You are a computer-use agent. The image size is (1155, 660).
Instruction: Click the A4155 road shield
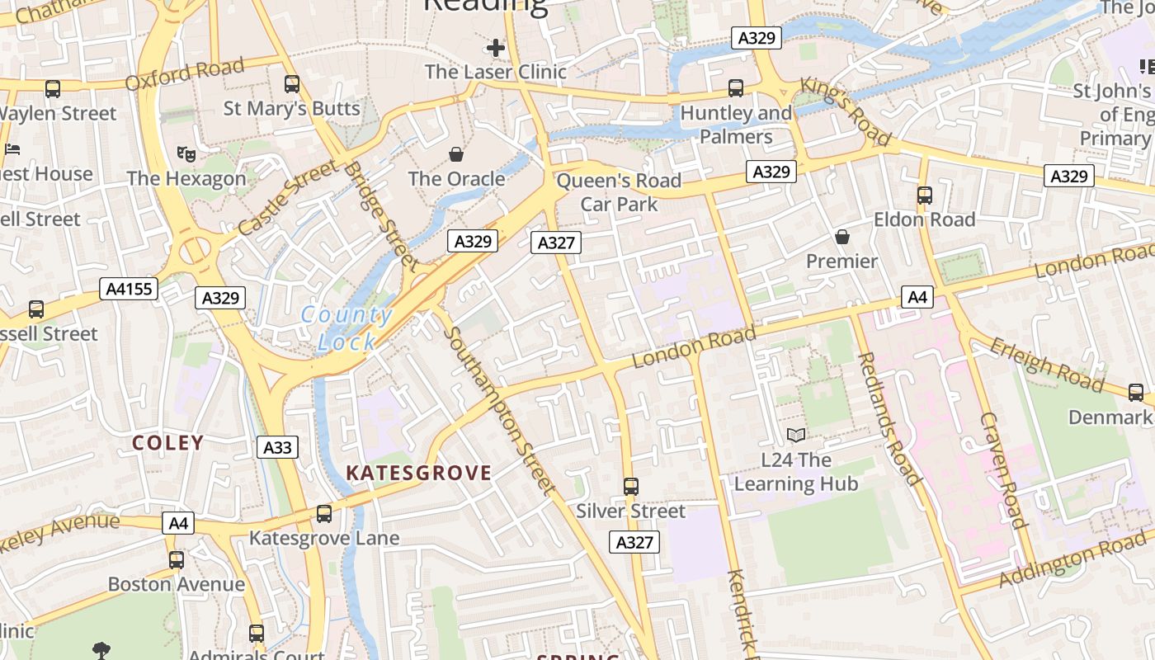pyautogui.click(x=129, y=289)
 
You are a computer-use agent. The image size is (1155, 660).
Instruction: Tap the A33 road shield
pyautogui.click(x=277, y=447)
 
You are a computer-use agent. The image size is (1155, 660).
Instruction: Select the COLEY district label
pyautogui.click(x=168, y=443)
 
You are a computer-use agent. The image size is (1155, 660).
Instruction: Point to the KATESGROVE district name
pyautogui.click(x=418, y=473)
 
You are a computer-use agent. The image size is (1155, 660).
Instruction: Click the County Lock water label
pyautogui.click(x=346, y=328)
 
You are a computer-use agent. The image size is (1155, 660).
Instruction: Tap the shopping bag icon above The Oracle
pyautogui.click(x=455, y=154)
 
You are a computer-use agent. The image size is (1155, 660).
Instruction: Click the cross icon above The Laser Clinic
pyautogui.click(x=495, y=48)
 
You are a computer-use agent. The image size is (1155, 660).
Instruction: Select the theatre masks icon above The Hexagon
pyautogui.click(x=186, y=153)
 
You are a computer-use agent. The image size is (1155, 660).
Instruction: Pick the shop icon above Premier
pyautogui.click(x=842, y=238)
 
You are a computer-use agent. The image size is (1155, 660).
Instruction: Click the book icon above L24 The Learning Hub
pyautogui.click(x=796, y=435)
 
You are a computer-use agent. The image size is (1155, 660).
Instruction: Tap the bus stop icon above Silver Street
pyautogui.click(x=631, y=487)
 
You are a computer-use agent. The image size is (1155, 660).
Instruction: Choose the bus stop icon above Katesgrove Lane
pyautogui.click(x=324, y=514)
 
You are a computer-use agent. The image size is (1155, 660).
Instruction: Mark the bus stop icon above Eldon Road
pyautogui.click(x=925, y=196)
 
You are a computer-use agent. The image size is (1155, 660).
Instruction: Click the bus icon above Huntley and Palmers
pyautogui.click(x=736, y=88)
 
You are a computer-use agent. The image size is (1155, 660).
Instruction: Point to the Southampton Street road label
pyautogui.click(x=500, y=411)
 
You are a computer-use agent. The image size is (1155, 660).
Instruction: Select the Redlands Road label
pyautogui.click(x=889, y=419)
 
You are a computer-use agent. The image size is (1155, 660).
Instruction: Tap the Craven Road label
pyautogui.click(x=1002, y=469)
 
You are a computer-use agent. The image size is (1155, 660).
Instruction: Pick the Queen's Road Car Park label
pyautogui.click(x=619, y=192)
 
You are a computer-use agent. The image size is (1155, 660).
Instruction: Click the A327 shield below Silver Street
pyautogui.click(x=634, y=542)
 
